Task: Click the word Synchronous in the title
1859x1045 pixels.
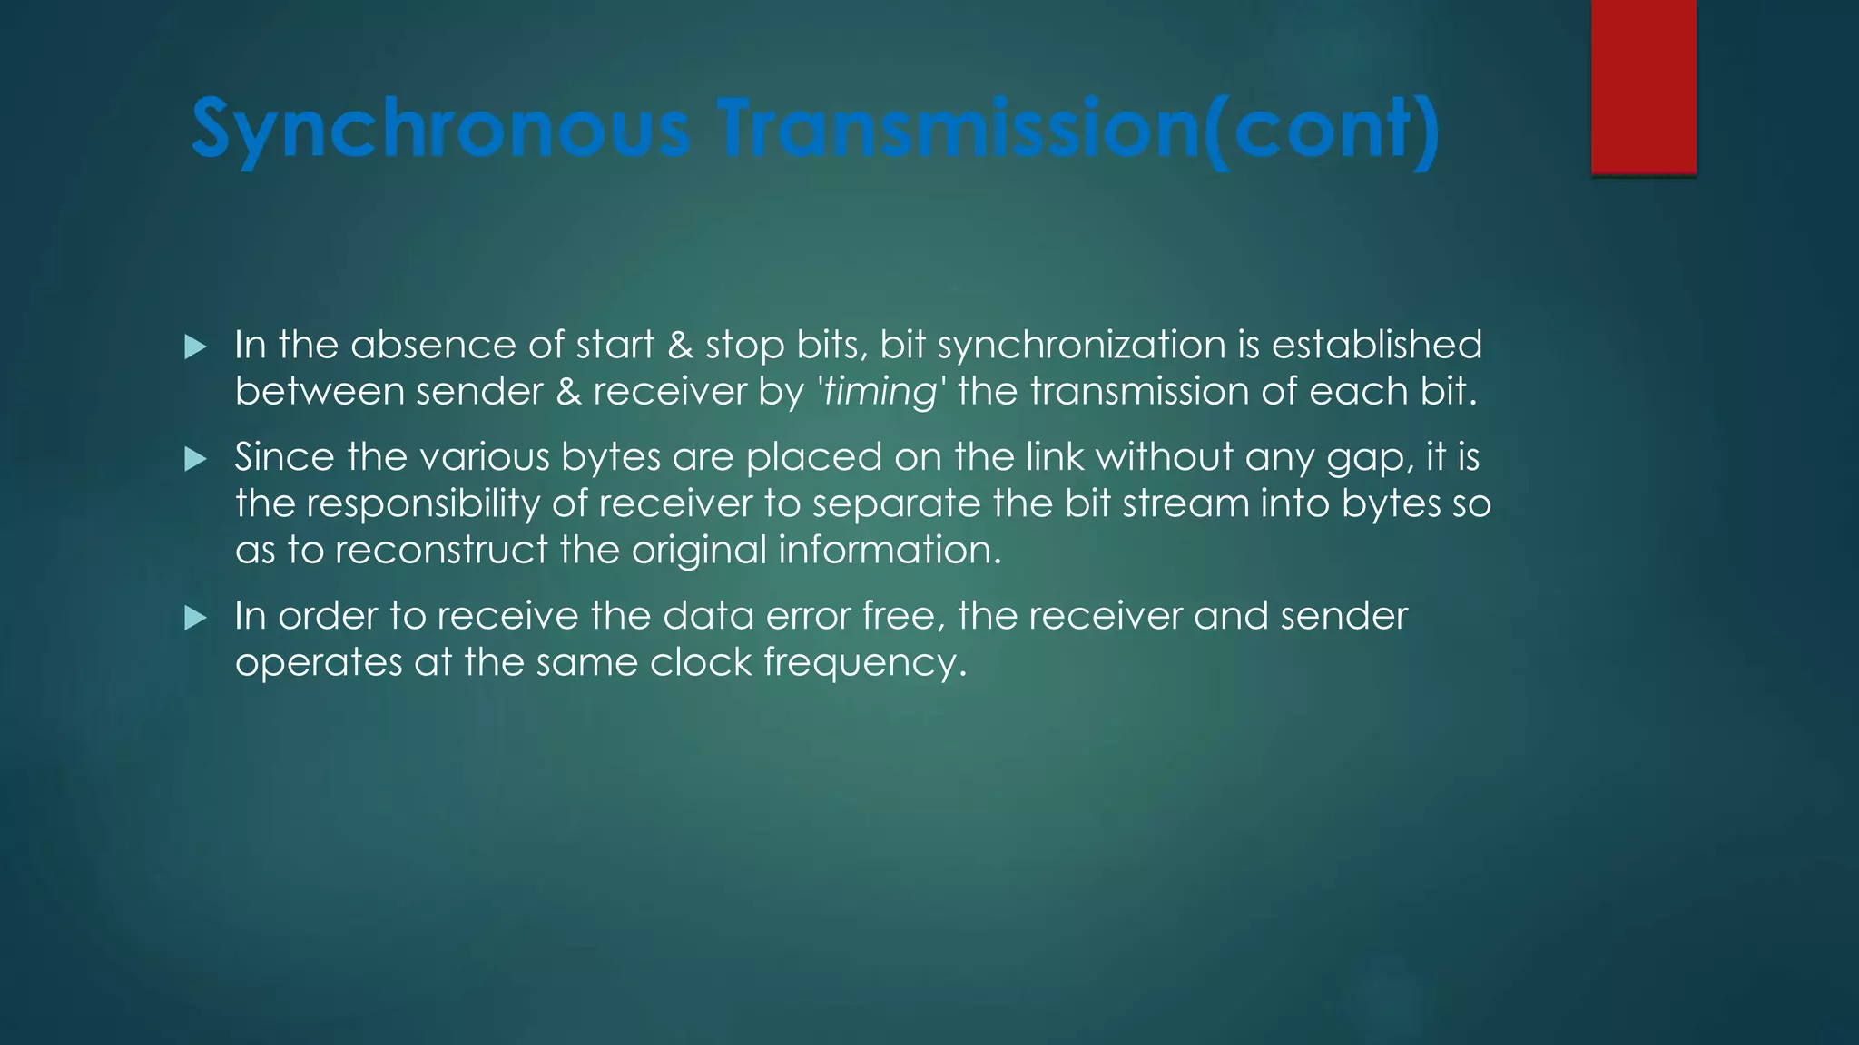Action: [440, 130]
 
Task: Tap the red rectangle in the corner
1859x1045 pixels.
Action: [1643, 86]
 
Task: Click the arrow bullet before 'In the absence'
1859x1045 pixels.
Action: [195, 347]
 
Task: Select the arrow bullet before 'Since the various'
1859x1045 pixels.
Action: [195, 459]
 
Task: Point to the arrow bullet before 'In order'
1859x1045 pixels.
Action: [195, 619]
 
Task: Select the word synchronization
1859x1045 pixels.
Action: [1081, 346]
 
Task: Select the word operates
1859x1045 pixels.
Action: [319, 663]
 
